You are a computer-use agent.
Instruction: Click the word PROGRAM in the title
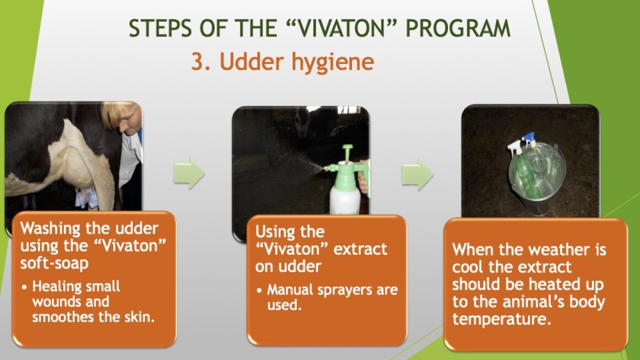click(458, 28)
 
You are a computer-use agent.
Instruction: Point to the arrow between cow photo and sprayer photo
click(189, 173)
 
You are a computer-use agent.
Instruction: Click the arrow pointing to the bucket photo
click(418, 175)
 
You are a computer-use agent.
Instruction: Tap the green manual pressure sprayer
click(345, 179)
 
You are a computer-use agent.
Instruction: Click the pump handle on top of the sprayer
click(348, 152)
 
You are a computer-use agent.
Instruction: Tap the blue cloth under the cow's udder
click(87, 198)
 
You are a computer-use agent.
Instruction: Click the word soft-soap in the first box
click(54, 264)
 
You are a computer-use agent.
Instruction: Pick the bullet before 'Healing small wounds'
click(25, 287)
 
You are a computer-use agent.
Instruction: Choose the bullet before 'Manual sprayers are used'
click(260, 291)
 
